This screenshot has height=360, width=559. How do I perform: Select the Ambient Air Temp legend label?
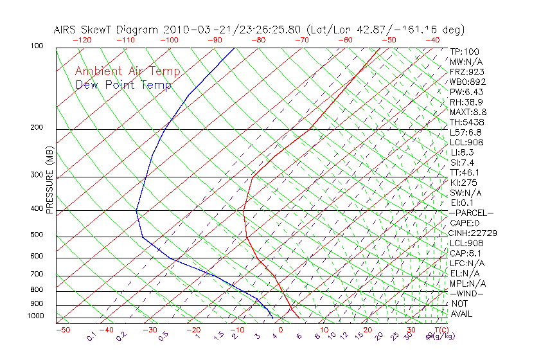point(127,71)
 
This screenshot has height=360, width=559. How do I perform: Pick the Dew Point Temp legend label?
point(123,85)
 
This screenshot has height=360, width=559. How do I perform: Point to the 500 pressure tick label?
point(37,235)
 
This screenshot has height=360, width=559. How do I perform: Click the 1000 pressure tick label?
point(35,316)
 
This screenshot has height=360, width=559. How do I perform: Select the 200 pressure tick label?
point(37,127)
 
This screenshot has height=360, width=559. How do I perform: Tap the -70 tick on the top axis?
point(301,40)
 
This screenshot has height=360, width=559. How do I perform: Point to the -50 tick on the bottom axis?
point(62,330)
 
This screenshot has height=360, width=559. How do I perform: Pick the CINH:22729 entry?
point(473,233)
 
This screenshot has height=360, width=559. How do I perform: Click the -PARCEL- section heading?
point(471,213)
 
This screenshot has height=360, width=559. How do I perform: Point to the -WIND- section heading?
point(467,293)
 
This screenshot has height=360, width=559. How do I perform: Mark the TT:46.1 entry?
point(465,172)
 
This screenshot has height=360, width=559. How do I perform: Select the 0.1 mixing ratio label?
point(91,336)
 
